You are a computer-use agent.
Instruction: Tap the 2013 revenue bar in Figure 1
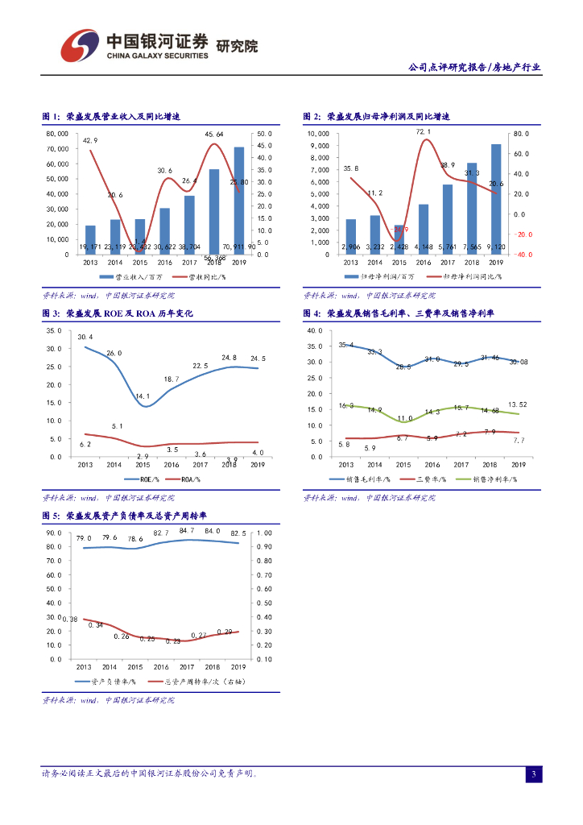90,239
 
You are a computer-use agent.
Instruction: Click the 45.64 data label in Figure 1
214,134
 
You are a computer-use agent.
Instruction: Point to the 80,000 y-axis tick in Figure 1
57,134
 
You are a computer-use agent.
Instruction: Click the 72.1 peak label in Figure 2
424,131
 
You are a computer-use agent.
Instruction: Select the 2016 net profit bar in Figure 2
424,229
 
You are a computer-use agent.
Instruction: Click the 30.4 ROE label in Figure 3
85,337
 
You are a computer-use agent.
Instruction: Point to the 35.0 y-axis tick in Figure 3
54,330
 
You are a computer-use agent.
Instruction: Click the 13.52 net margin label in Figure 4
518,404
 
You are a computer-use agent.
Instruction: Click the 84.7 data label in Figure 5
188,530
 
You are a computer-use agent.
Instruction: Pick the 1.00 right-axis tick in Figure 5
264,533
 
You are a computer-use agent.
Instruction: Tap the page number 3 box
533,774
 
